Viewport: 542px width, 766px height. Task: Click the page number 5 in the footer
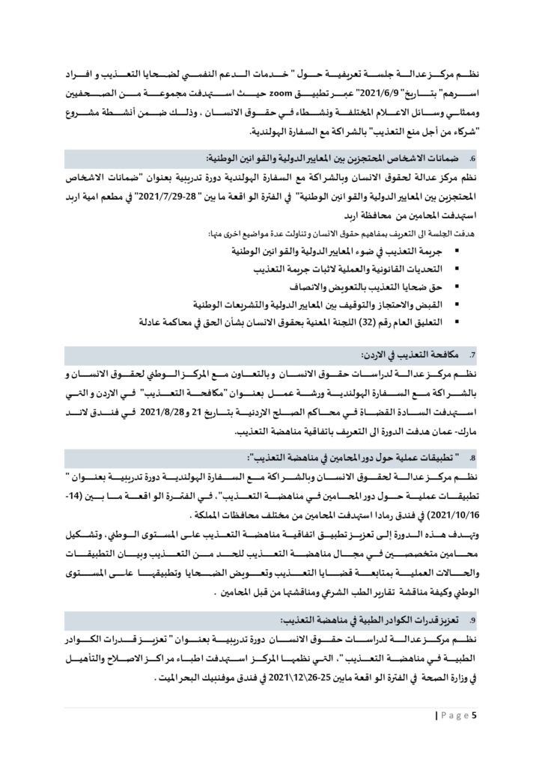473,717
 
